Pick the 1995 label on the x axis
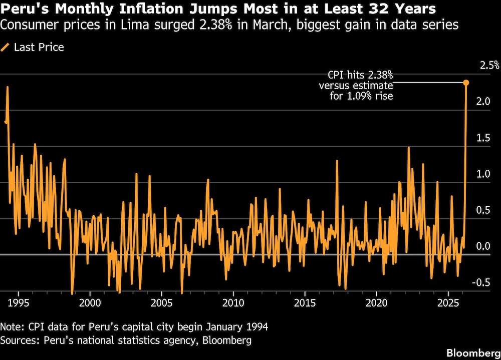19,303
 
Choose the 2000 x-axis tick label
90,303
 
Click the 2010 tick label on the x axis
233,303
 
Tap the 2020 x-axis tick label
377,303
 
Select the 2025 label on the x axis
448,303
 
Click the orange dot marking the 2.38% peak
466,83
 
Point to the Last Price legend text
39,48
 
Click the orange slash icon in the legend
6,48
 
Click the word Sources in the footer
19,340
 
